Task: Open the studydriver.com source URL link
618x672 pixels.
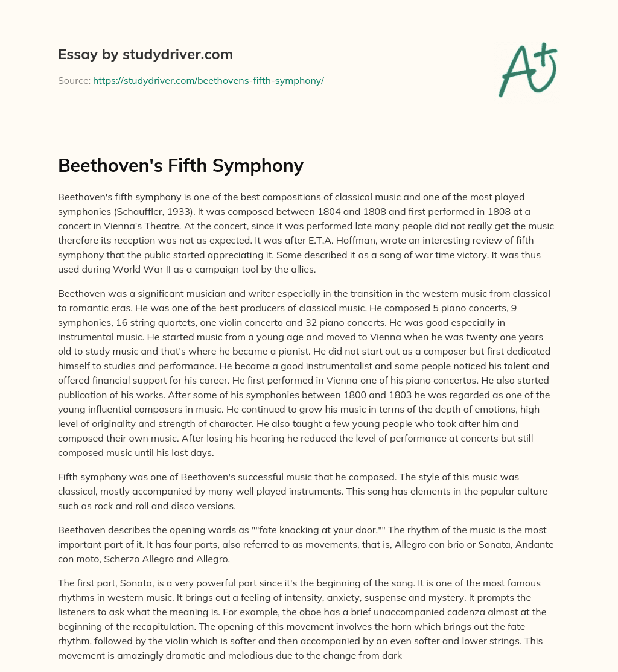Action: (208, 80)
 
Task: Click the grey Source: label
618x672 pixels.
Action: (74, 80)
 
